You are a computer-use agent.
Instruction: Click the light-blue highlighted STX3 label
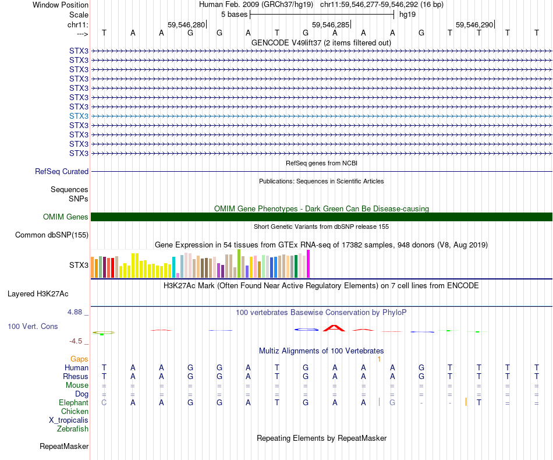point(79,116)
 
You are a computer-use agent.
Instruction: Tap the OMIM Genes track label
point(66,217)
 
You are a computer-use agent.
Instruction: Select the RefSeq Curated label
point(62,171)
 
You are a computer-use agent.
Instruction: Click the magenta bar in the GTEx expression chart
point(309,264)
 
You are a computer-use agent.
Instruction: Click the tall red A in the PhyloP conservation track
point(334,327)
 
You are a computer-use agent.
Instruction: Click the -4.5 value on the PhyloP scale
point(76,341)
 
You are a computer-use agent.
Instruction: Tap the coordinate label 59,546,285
point(331,25)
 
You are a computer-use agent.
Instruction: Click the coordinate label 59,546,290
point(474,25)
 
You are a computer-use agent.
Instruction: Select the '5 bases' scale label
point(234,14)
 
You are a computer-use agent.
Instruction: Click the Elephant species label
point(73,402)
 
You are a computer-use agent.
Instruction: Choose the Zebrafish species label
point(73,429)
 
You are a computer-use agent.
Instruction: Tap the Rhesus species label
point(76,376)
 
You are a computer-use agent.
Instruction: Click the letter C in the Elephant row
point(104,402)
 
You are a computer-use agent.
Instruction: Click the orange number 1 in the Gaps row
point(379,359)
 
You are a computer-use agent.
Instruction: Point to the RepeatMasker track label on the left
point(64,447)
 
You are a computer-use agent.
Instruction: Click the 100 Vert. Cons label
point(33,326)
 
